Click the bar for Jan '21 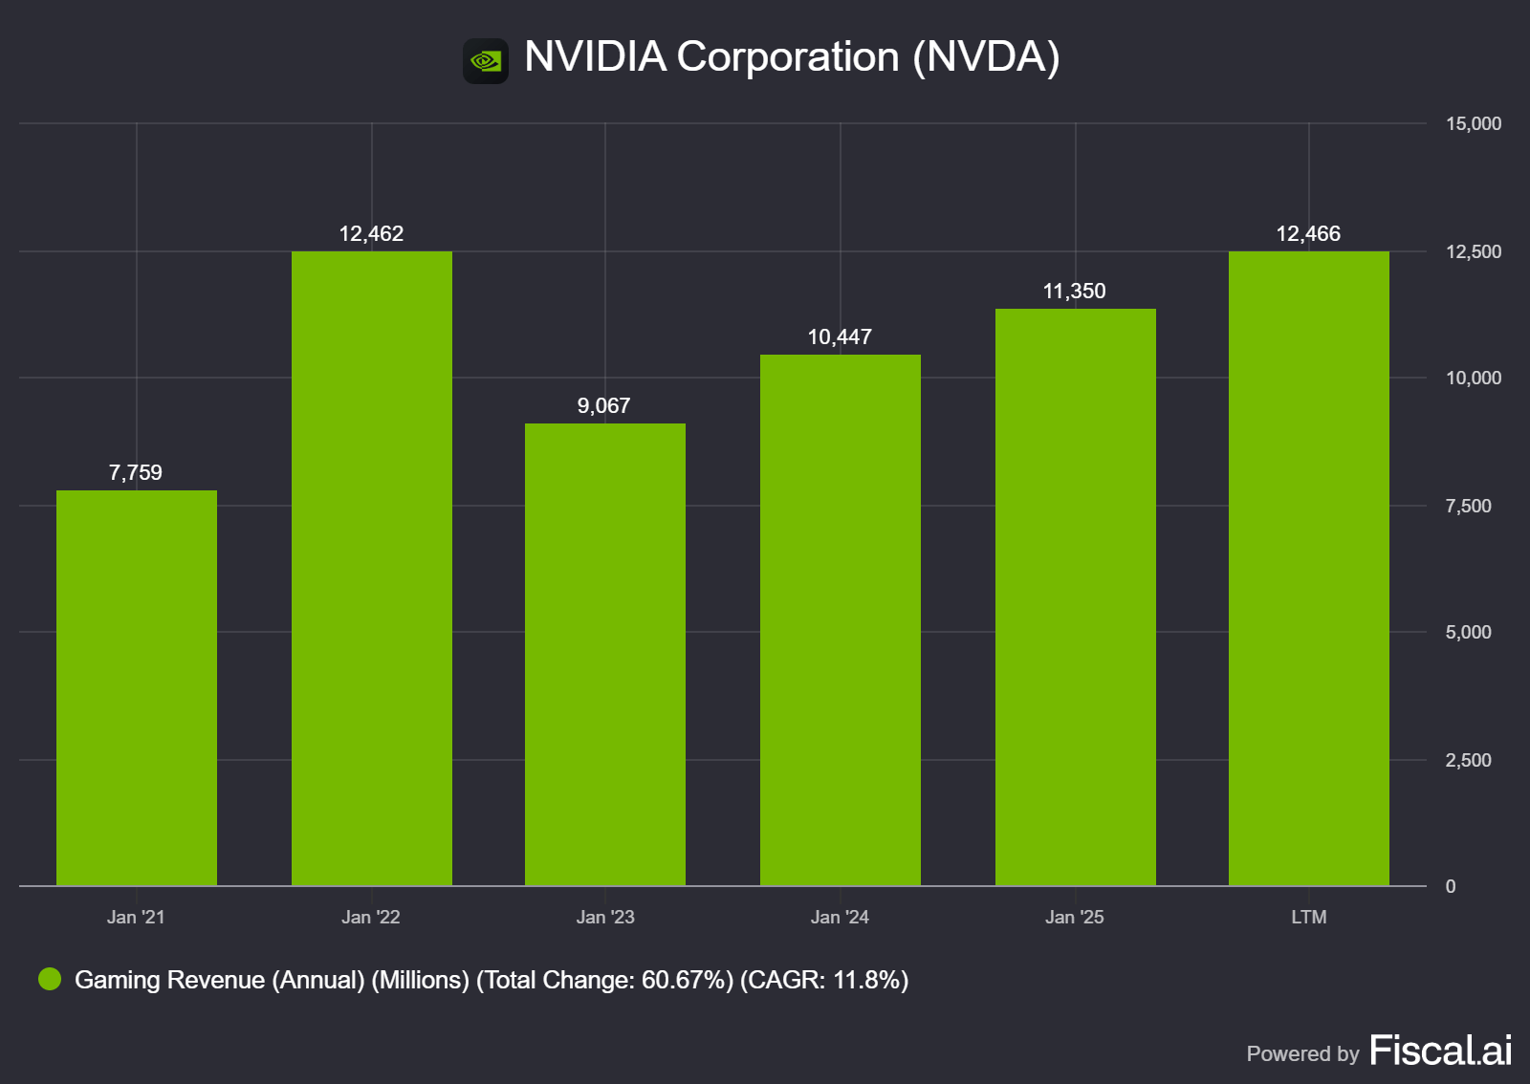coord(137,688)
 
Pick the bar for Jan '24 coord(841,621)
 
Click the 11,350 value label coord(1074,292)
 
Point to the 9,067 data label coord(603,406)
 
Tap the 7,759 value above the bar coord(136,473)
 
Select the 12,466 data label coord(1308,234)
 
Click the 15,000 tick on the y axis coord(1473,124)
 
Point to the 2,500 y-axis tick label coord(1468,761)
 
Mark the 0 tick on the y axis coord(1451,887)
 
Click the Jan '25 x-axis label coord(1074,918)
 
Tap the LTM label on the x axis coord(1308,918)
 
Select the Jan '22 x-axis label coord(371,918)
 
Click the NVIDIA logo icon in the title coord(486,61)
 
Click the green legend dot coord(50,979)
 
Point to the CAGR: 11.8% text coord(823,981)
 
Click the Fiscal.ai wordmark coord(1440,1051)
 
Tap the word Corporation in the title coord(788,57)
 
